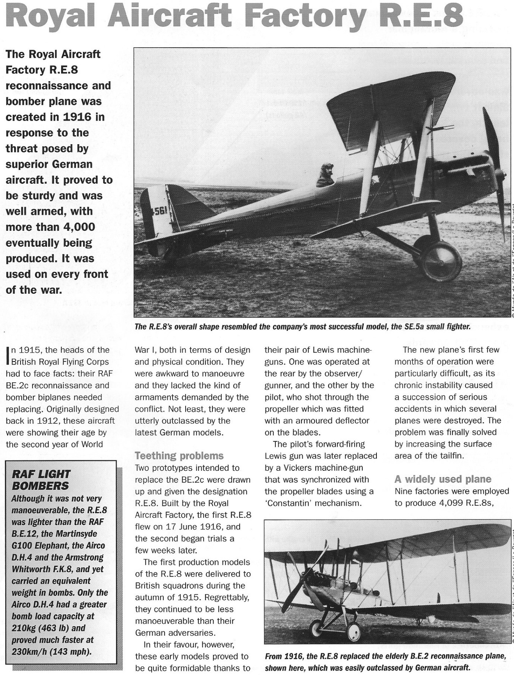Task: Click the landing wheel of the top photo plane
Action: [x=442, y=261]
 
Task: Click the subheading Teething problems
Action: [x=179, y=455]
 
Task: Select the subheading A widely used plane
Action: [x=443, y=479]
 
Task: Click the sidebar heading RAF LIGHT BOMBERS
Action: [x=41, y=480]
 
